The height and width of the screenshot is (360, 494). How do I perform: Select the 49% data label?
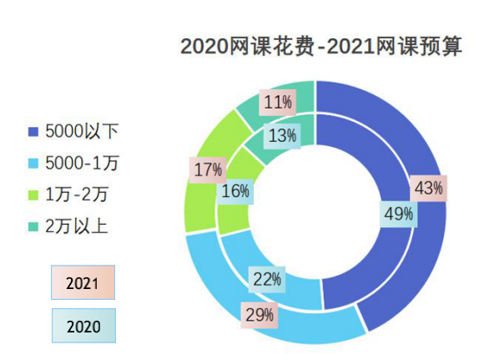click(x=398, y=214)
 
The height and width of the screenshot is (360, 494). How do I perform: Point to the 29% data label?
click(x=259, y=315)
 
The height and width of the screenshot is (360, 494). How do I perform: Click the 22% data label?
click(x=266, y=279)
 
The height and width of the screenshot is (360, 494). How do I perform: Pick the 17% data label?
click(x=207, y=170)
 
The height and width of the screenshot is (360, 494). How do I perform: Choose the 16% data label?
click(x=235, y=191)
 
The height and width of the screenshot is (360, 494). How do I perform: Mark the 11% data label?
click(x=277, y=103)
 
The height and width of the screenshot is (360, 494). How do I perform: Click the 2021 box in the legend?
click(x=82, y=283)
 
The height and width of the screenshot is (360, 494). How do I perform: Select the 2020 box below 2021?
click(x=82, y=326)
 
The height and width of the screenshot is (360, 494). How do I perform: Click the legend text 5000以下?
click(x=82, y=131)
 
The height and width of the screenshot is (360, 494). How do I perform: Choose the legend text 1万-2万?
click(x=77, y=195)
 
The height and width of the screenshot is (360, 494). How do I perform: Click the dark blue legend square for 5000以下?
click(x=33, y=132)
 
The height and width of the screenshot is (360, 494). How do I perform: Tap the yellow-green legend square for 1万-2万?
click(x=33, y=195)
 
